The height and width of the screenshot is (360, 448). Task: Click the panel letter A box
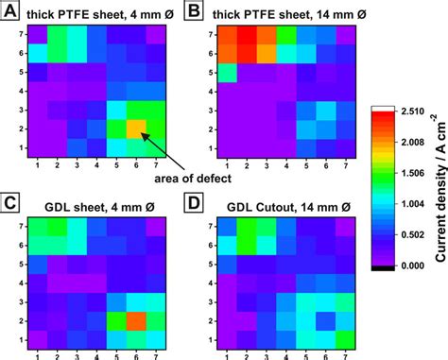[10, 11]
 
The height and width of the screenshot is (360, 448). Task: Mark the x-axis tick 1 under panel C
[38, 352]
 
